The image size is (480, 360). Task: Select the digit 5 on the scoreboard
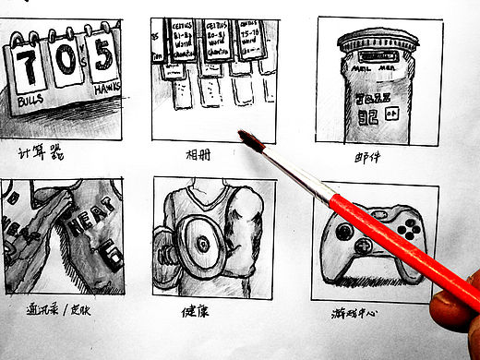point(104,58)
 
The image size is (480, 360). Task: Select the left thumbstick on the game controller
point(343,233)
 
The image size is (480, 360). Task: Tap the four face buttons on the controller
point(407,226)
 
